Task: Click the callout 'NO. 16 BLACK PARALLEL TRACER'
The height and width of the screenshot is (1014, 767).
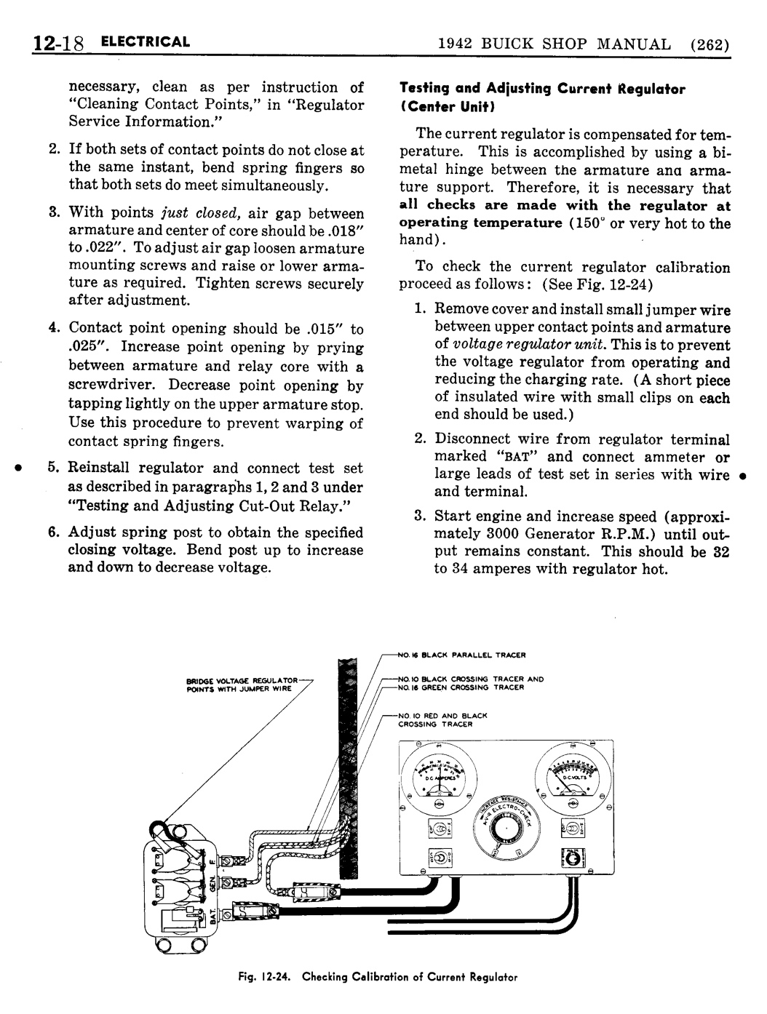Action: point(462,655)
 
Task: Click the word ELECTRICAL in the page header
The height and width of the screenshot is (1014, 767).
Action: point(146,41)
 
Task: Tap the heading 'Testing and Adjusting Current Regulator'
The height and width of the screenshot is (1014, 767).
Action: point(542,89)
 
